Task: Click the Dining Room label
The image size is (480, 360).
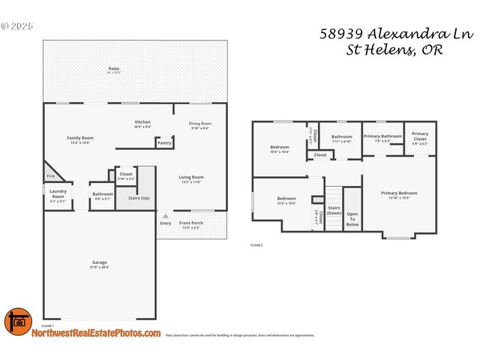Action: click(x=199, y=125)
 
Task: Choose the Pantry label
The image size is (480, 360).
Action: click(x=164, y=142)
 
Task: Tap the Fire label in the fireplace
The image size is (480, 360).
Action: click(x=51, y=176)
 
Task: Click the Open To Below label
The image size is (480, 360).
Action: click(x=352, y=219)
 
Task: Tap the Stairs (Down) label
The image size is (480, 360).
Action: click(x=334, y=211)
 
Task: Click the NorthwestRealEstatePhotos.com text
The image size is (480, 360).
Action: click(x=95, y=333)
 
